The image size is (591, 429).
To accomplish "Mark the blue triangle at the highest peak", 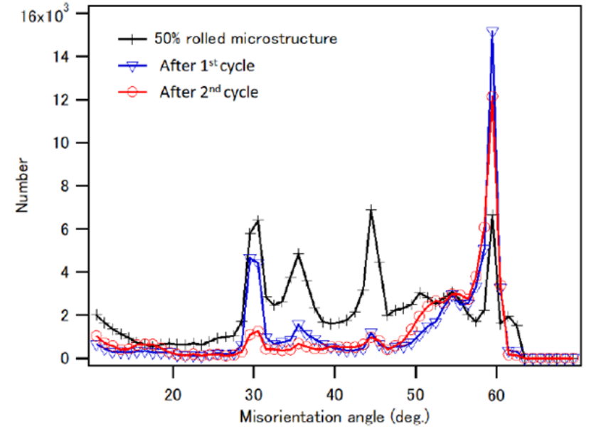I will [492, 32].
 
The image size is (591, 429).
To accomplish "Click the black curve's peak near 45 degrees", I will [371, 210].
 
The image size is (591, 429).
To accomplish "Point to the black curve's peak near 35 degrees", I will [299, 253].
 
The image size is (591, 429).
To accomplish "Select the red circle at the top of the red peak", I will [492, 96].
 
